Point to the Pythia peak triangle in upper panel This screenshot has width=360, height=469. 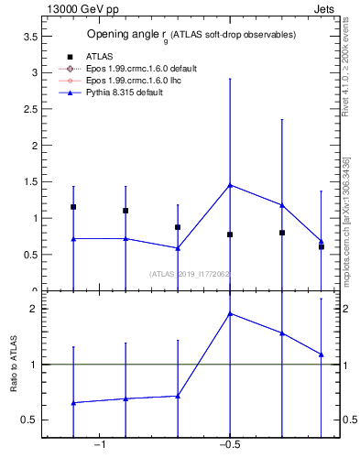(x=230, y=185)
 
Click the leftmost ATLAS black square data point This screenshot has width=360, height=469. (x=73, y=207)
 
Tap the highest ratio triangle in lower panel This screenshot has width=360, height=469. (x=230, y=313)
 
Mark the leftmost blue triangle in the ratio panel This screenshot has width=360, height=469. (x=73, y=402)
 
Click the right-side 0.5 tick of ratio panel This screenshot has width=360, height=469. (x=344, y=420)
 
